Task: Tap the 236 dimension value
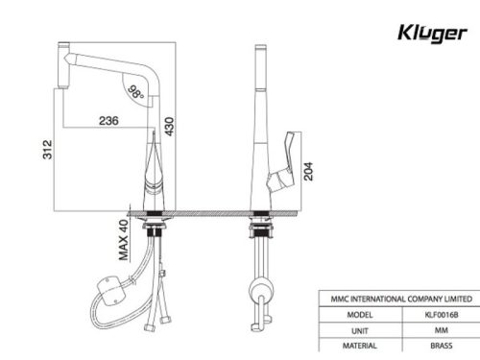point(107,121)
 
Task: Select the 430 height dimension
point(170,127)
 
